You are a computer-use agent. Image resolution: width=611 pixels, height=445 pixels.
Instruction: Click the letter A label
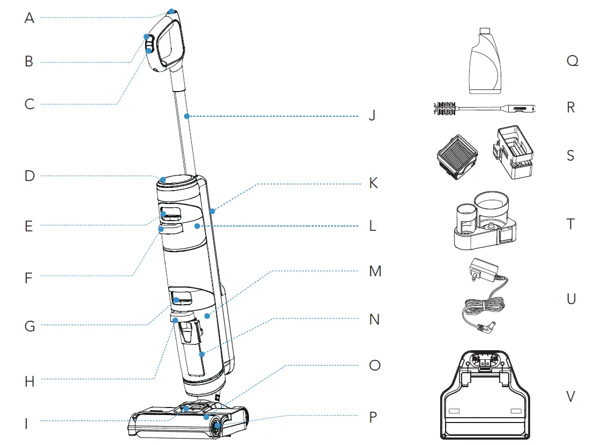pos(29,18)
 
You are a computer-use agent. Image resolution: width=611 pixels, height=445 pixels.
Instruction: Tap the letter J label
pos(372,116)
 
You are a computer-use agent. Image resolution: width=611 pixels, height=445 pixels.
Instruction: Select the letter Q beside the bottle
pos(572,61)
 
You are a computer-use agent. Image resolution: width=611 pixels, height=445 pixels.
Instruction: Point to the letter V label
pos(571,396)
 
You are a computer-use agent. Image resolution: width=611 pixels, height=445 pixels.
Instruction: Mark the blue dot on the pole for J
pos(186,116)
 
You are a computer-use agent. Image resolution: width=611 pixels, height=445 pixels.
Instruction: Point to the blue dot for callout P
pos(217,426)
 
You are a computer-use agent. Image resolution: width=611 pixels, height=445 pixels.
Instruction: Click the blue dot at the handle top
pos(171,11)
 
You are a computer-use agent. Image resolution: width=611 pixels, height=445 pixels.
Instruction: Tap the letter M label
pos(375,271)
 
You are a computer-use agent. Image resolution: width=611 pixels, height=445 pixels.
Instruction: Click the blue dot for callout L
pos(198,227)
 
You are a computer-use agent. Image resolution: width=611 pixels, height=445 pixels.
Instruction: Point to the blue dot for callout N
pos(202,354)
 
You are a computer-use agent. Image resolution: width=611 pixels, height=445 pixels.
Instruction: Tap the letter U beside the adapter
pos(571,298)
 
